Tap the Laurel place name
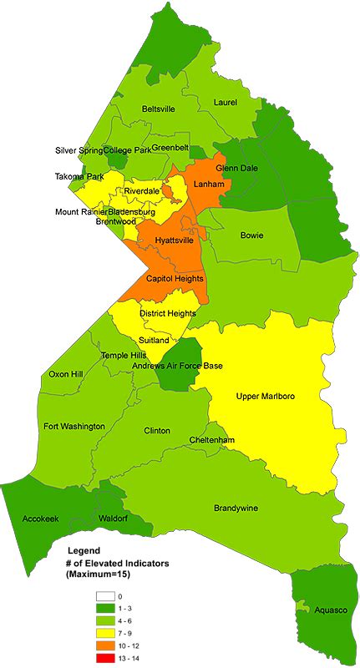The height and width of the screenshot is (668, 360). (226, 103)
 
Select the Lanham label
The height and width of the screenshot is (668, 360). (207, 184)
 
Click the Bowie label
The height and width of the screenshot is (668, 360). (251, 235)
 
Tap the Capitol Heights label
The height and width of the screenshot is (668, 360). (175, 279)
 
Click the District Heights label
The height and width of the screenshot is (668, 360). (168, 314)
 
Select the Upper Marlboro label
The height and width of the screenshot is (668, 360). (267, 396)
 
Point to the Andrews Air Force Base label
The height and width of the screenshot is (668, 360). (183, 366)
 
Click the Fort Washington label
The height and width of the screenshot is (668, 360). (74, 427)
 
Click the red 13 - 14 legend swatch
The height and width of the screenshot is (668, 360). (106, 660)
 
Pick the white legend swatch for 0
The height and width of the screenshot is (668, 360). (106, 596)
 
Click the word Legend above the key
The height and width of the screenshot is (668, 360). (83, 551)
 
